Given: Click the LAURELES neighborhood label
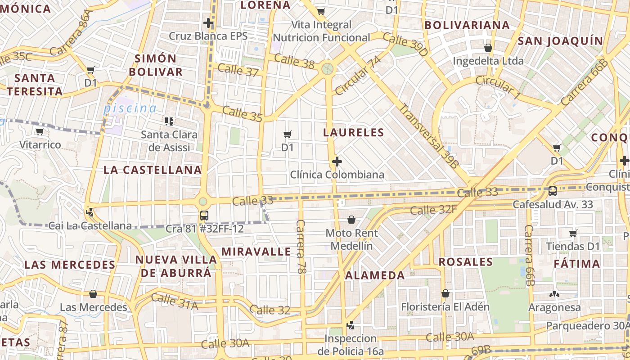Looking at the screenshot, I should pyautogui.click(x=353, y=132).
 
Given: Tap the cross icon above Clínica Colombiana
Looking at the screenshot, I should pyautogui.click(x=337, y=161).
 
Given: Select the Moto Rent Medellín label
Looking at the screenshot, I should pyautogui.click(x=351, y=239).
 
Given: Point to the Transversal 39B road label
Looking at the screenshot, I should pyautogui.click(x=429, y=136).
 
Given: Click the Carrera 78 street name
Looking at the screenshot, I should pyautogui.click(x=301, y=247).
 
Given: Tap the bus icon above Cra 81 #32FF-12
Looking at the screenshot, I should pyautogui.click(x=204, y=215).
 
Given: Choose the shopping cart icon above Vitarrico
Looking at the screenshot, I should pyautogui.click(x=40, y=132).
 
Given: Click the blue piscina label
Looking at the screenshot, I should pyautogui.click(x=130, y=108).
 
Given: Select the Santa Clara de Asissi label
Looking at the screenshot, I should pyautogui.click(x=169, y=141).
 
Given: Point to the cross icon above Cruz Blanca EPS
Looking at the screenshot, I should pyautogui.click(x=208, y=22).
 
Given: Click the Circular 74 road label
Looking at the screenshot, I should pyautogui.click(x=358, y=76).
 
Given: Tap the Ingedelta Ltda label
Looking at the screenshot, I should pyautogui.click(x=488, y=61).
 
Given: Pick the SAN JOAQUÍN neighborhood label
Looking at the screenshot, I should pyautogui.click(x=560, y=41).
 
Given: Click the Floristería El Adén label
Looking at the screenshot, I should pyautogui.click(x=445, y=307).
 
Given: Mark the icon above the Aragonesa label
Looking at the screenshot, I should pyautogui.click(x=554, y=295).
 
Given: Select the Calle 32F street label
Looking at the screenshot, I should pyautogui.click(x=433, y=209).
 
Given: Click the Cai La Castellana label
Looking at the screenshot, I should pyautogui.click(x=90, y=225).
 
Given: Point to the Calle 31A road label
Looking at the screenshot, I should pyautogui.click(x=175, y=301).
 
